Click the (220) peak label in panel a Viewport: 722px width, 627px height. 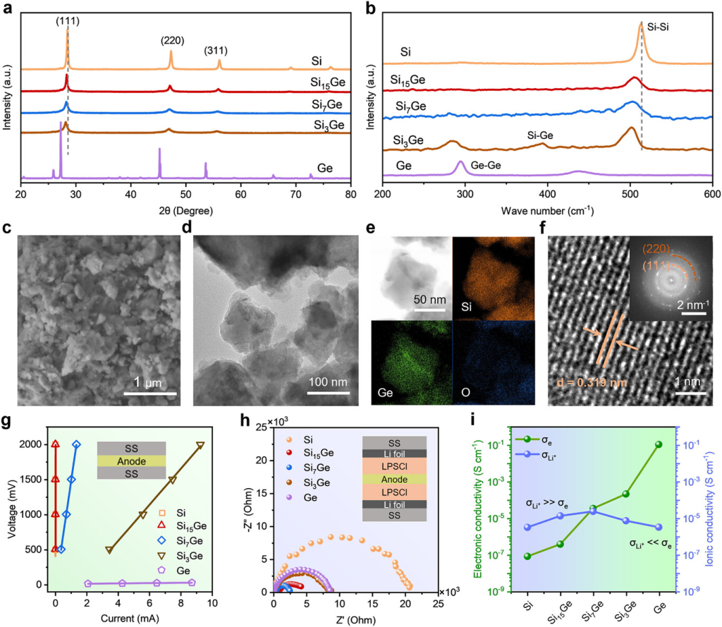click(173, 40)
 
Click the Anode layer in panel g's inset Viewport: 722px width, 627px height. click(131, 460)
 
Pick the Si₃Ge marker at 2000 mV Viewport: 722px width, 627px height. click(200, 445)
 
